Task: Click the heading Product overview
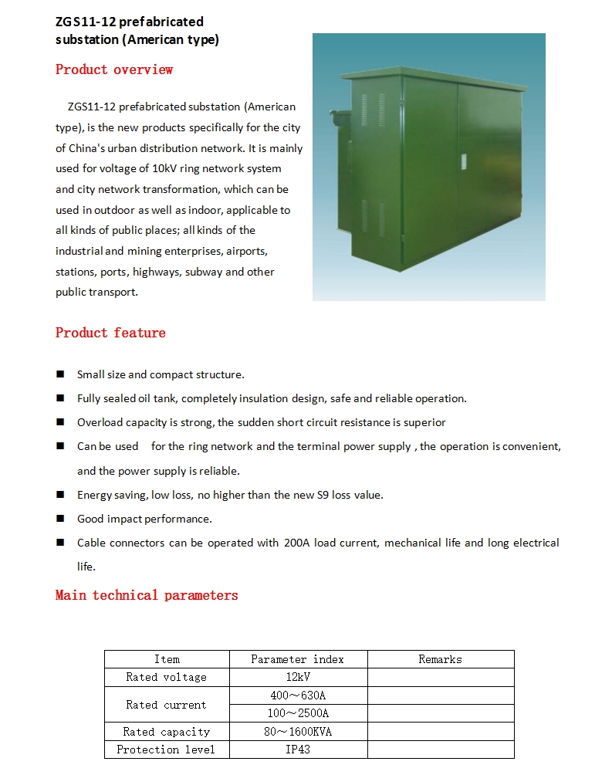[x=114, y=69]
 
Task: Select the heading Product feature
[x=110, y=333]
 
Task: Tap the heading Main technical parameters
[x=147, y=595]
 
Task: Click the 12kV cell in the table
[x=297, y=677]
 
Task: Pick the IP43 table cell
[x=297, y=750]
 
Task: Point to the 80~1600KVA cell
[x=297, y=732]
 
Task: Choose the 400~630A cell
[x=297, y=695]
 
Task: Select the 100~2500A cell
[x=297, y=713]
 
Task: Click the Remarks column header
[x=440, y=659]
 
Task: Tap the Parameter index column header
[x=297, y=659]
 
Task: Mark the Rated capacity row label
[x=166, y=732]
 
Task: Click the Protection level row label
[x=166, y=750]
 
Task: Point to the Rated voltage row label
[x=166, y=677]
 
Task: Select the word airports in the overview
[x=246, y=251]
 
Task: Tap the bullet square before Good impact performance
[x=60, y=519]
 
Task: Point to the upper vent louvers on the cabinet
[x=380, y=111]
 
